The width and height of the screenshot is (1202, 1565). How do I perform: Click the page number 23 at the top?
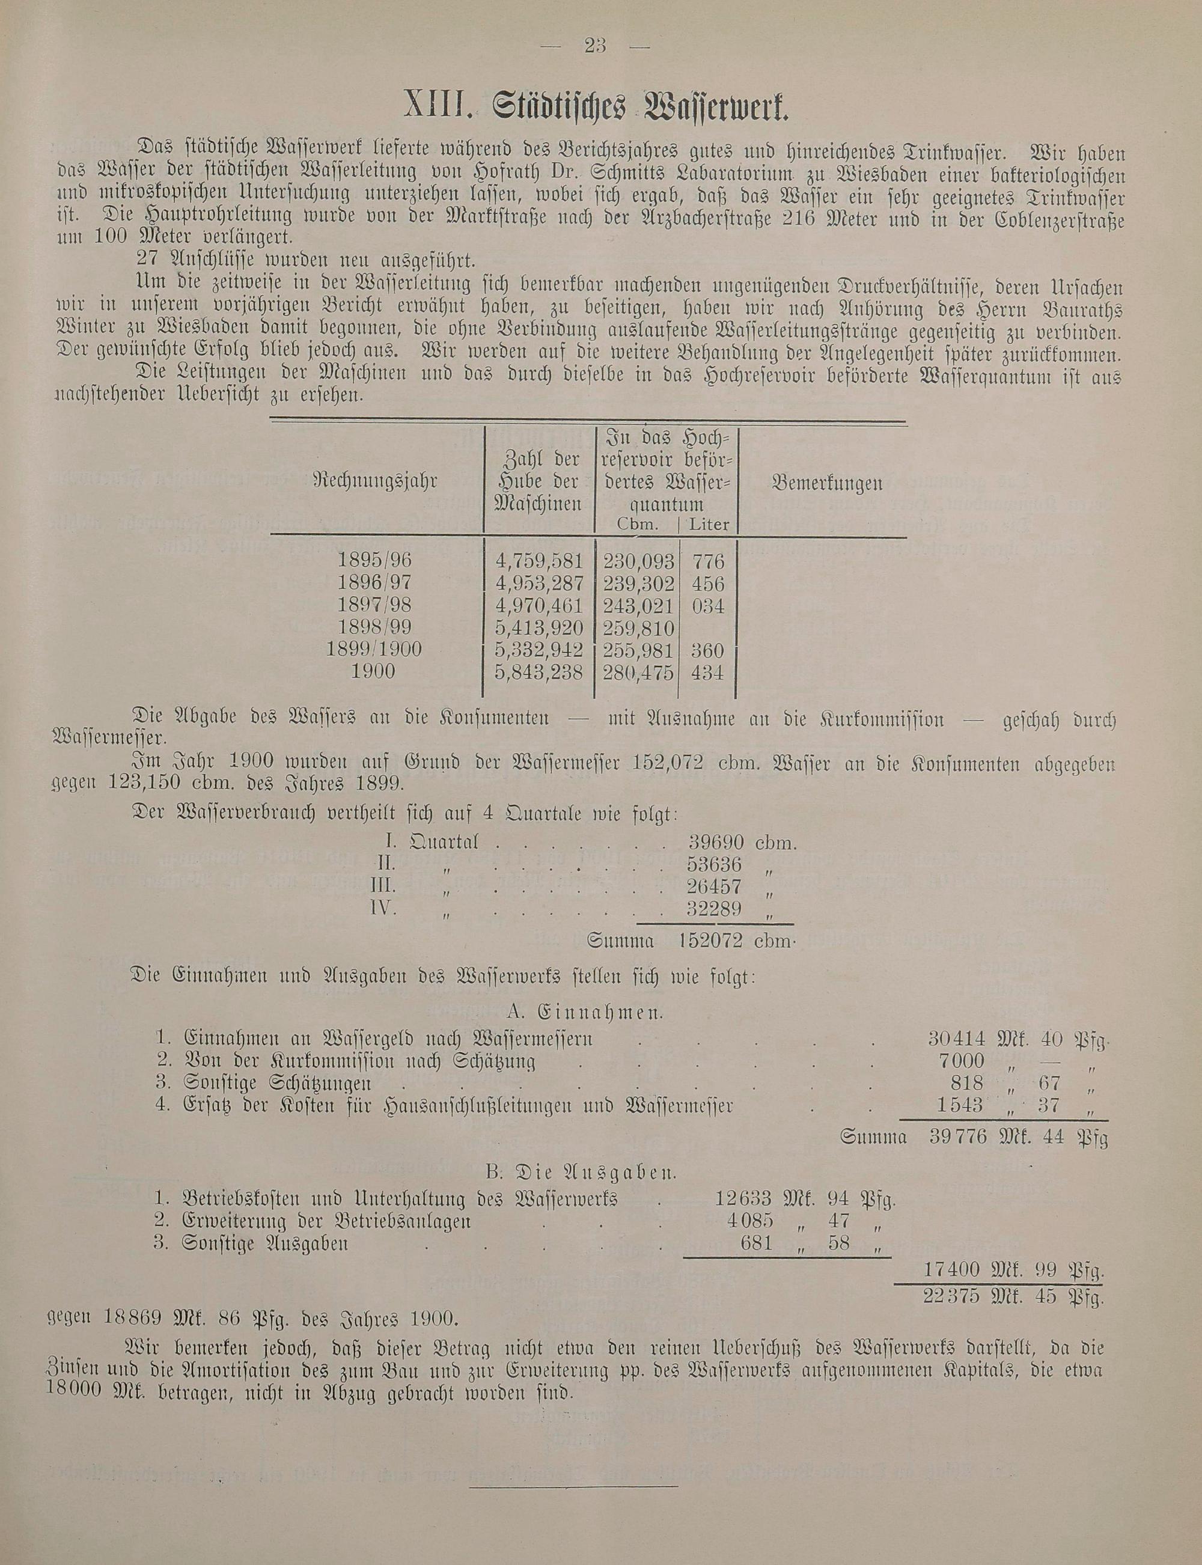[x=595, y=46]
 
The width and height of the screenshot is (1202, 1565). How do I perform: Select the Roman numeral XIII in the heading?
[x=437, y=108]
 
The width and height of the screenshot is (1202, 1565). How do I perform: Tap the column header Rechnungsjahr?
[x=375, y=483]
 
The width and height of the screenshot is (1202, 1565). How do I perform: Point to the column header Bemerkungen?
[x=827, y=484]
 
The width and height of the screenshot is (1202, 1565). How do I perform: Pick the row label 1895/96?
[x=375, y=560]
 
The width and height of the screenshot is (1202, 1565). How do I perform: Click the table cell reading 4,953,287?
[x=540, y=582]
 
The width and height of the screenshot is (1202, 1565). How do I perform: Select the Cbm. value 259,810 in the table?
[x=639, y=628]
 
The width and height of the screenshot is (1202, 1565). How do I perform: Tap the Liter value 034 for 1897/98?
[x=707, y=606]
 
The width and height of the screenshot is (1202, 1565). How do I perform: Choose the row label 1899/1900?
[x=373, y=650]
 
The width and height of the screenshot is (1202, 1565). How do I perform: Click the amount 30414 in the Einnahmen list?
[x=956, y=1038]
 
